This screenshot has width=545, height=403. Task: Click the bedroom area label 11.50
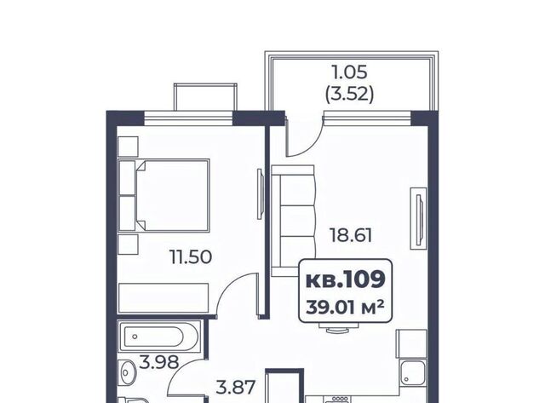191,257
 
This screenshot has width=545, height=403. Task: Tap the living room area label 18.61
351,235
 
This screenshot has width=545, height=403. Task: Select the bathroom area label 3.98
159,362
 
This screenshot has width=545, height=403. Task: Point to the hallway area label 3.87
236,387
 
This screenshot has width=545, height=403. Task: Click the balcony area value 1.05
350,72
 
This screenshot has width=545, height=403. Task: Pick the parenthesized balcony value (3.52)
350,94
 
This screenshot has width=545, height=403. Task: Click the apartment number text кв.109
346,279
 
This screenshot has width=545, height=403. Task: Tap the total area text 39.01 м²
345,308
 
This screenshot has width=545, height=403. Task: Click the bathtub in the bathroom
159,337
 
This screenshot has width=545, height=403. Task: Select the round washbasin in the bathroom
129,372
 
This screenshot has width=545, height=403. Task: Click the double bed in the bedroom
163,196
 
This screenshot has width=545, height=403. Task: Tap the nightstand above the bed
129,147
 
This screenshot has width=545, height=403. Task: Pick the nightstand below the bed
129,245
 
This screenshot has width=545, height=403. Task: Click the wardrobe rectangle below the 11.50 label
163,298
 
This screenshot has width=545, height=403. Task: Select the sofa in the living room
293,221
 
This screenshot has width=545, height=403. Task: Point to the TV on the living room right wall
418,218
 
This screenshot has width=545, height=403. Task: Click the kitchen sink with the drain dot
412,372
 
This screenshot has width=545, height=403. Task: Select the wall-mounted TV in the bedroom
260,194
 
